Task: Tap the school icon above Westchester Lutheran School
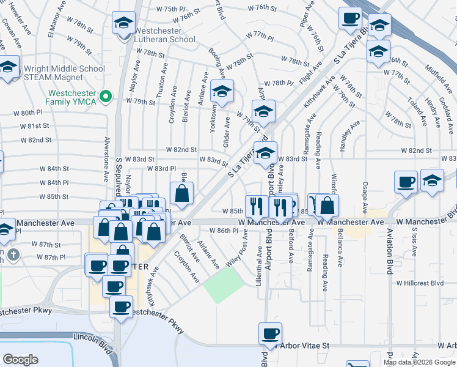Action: pos(124,23)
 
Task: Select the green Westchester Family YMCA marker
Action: pos(104,96)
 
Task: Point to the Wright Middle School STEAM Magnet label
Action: pos(52,72)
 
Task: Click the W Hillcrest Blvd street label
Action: pos(419,283)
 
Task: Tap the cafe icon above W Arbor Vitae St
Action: pos(269,334)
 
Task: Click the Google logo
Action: pos(21,359)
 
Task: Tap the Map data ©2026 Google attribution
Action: pos(419,362)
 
